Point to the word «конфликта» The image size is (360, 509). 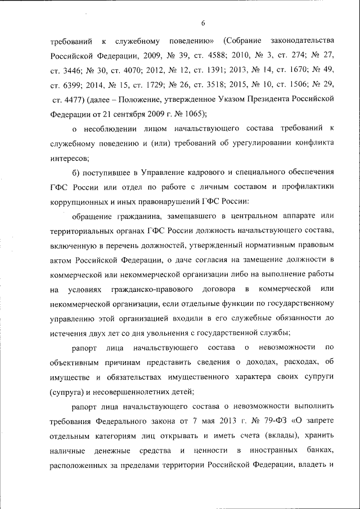(312, 143)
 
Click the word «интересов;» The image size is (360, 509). (70, 158)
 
